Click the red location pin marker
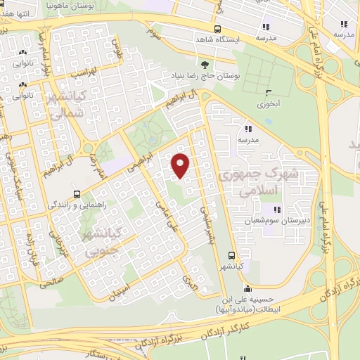[x=180, y=165]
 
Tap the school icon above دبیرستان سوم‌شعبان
[x=276, y=210]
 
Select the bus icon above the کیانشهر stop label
[x=231, y=255]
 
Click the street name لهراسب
[x=84, y=72]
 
